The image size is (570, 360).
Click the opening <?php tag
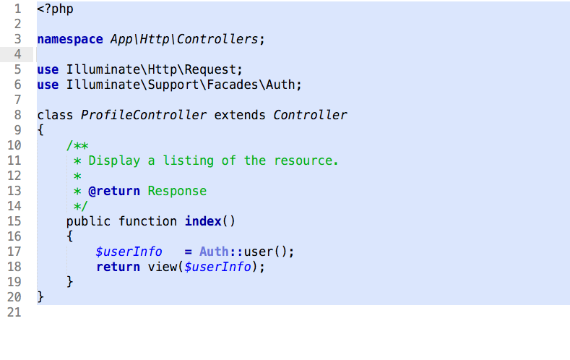pos(55,9)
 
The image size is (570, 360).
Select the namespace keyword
pos(70,39)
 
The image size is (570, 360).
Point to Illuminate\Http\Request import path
pos(151,69)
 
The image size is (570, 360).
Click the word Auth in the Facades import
pos(281,85)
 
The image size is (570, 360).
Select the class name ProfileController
pos(144,115)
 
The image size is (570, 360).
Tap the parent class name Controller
pos(311,115)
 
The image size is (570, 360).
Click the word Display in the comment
pos(114,160)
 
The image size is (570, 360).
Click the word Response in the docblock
pos(177,191)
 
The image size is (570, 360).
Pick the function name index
pos(203,221)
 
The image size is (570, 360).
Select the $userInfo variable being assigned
pos(129,252)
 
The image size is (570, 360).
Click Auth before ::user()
pos(214,252)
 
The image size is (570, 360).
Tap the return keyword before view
pos(118,267)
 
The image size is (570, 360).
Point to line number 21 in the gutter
pos(14,312)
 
